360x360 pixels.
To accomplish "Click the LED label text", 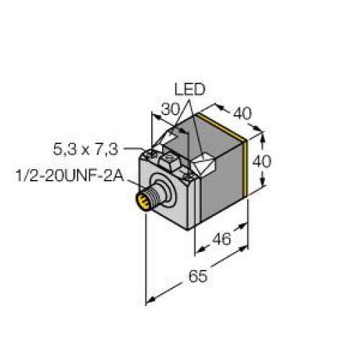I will (x=190, y=89).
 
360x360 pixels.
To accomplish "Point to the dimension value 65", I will (x=194, y=275).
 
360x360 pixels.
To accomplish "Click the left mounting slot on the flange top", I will (x=152, y=153).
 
